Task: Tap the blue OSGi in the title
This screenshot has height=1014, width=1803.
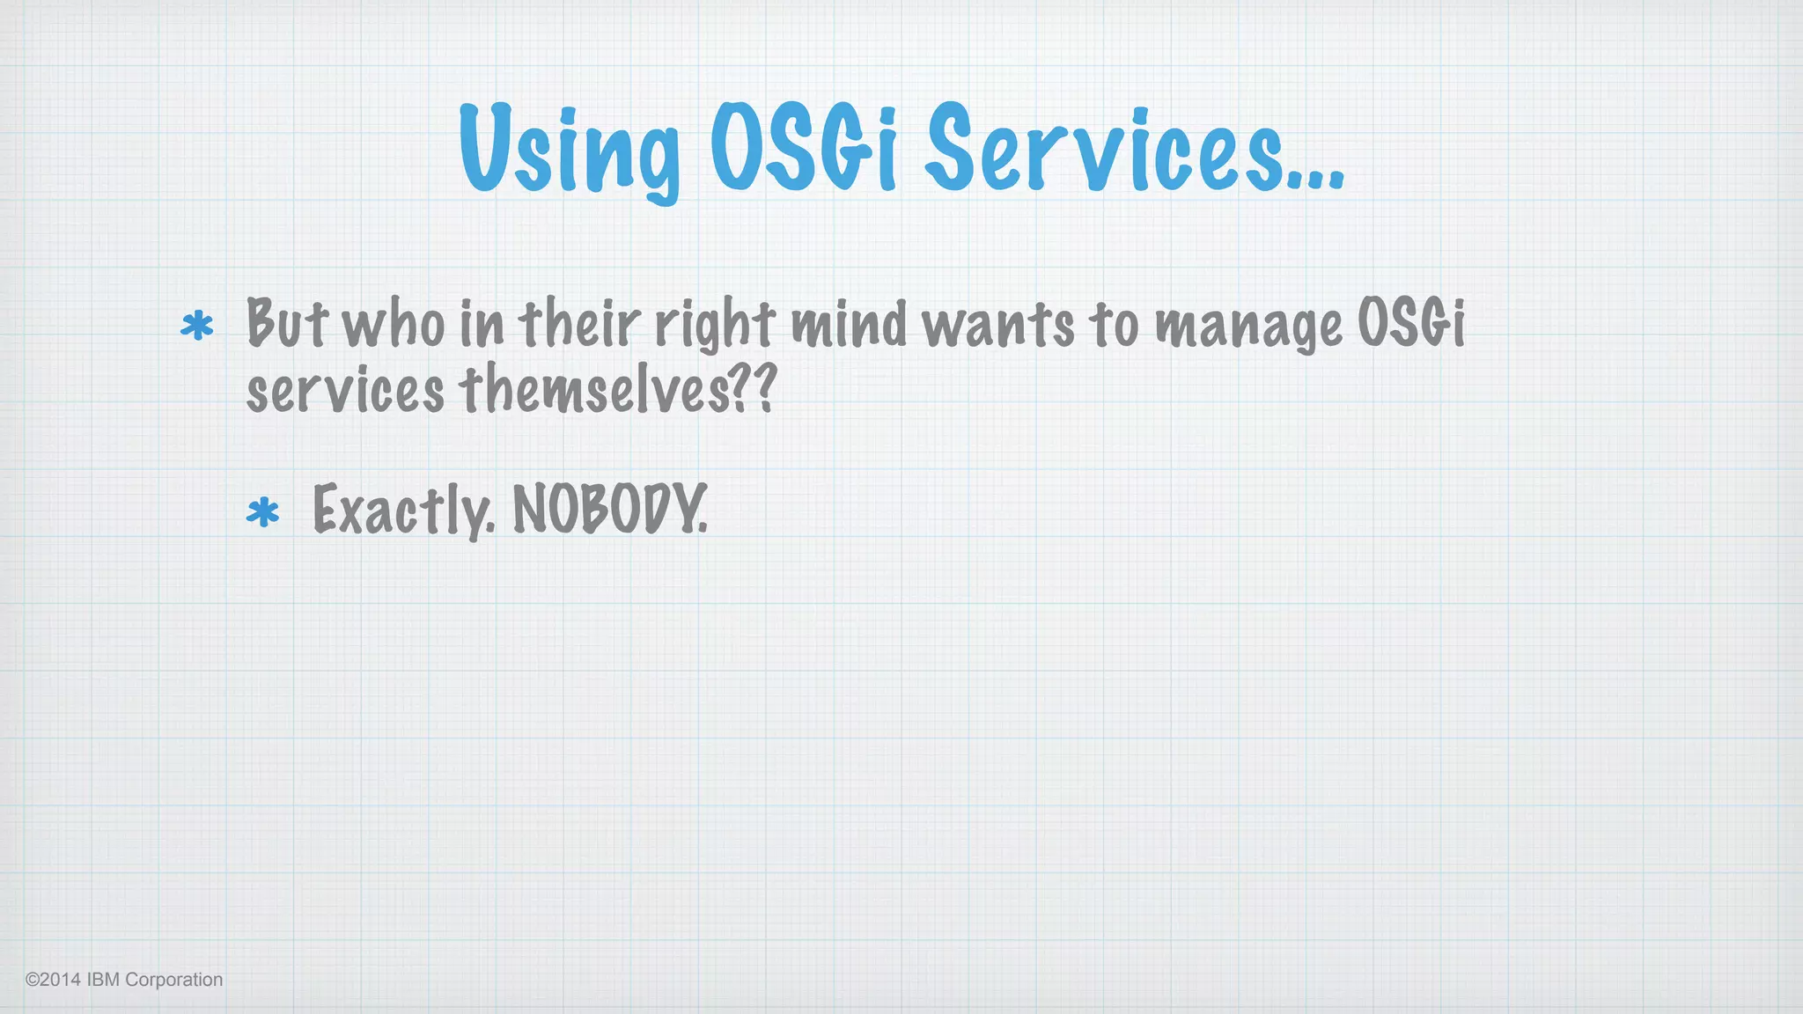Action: point(803,148)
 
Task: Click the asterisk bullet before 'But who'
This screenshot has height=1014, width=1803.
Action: point(196,327)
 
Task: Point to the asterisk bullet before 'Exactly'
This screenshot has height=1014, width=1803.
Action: point(262,512)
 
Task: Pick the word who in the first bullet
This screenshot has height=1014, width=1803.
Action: point(394,324)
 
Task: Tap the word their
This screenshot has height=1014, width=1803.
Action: point(579,322)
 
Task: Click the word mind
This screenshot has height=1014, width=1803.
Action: point(849,323)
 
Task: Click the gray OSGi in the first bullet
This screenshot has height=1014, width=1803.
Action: point(1411,322)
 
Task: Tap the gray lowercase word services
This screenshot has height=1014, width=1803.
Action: point(345,391)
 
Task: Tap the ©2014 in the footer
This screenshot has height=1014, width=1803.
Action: point(53,980)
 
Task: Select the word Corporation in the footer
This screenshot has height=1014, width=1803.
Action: point(174,980)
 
